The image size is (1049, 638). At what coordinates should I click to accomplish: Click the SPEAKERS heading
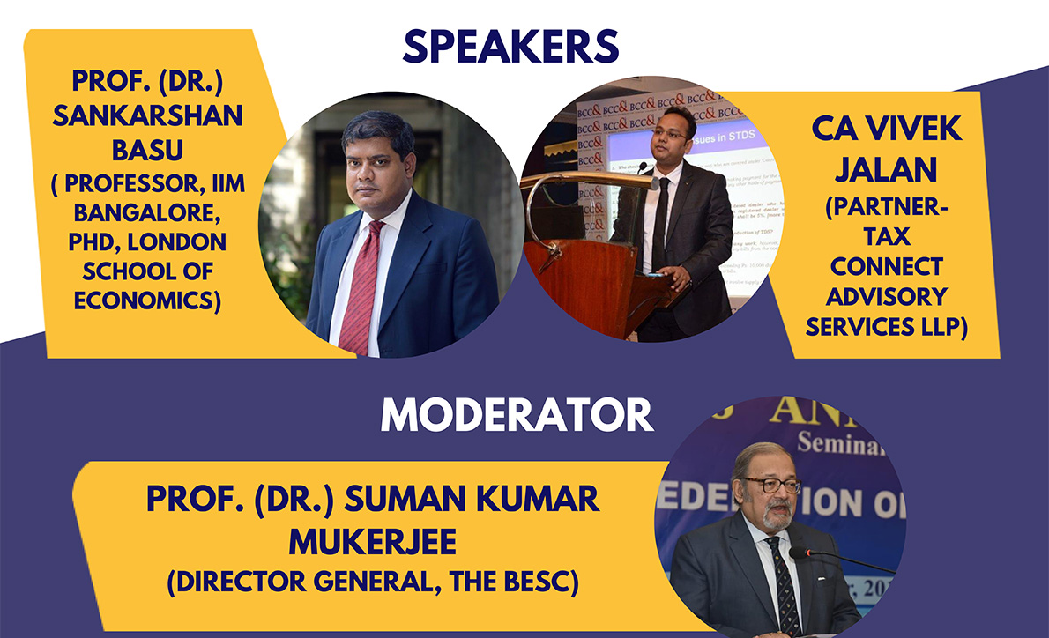(x=511, y=46)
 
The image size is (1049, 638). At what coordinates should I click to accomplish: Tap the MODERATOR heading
(x=517, y=416)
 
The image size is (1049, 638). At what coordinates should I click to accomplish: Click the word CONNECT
(x=887, y=266)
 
